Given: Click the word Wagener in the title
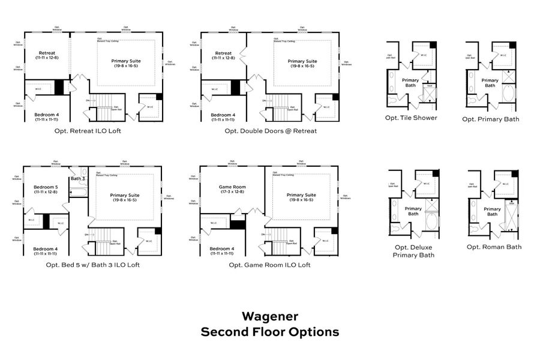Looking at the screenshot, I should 269,316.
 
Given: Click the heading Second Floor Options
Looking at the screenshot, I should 269,332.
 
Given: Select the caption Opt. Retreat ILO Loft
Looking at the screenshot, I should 87,131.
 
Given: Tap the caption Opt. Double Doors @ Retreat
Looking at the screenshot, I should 271,131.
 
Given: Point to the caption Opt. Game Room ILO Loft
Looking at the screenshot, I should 269,265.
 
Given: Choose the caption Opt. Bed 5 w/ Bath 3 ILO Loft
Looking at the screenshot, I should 92,265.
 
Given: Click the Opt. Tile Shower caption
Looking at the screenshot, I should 411,118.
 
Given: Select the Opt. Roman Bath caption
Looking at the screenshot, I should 494,247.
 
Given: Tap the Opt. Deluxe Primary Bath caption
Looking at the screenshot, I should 413,251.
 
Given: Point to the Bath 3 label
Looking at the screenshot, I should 77,179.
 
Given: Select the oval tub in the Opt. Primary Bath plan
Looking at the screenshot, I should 508,94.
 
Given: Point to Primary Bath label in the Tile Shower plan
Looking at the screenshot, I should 410,83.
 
